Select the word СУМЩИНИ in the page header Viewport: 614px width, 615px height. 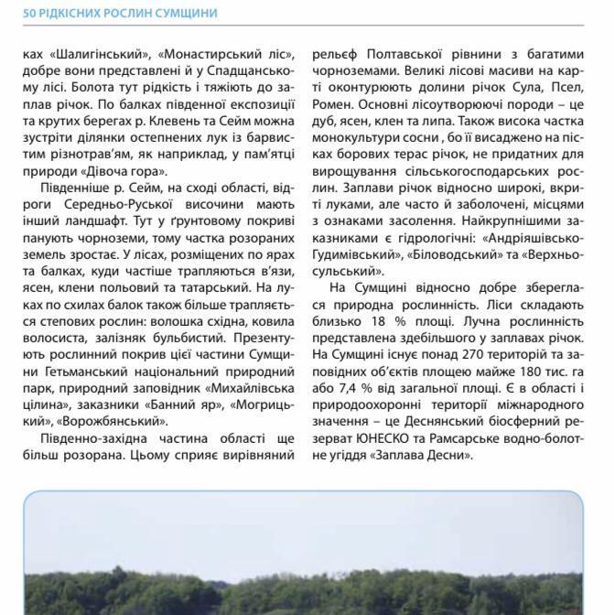coord(189,13)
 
